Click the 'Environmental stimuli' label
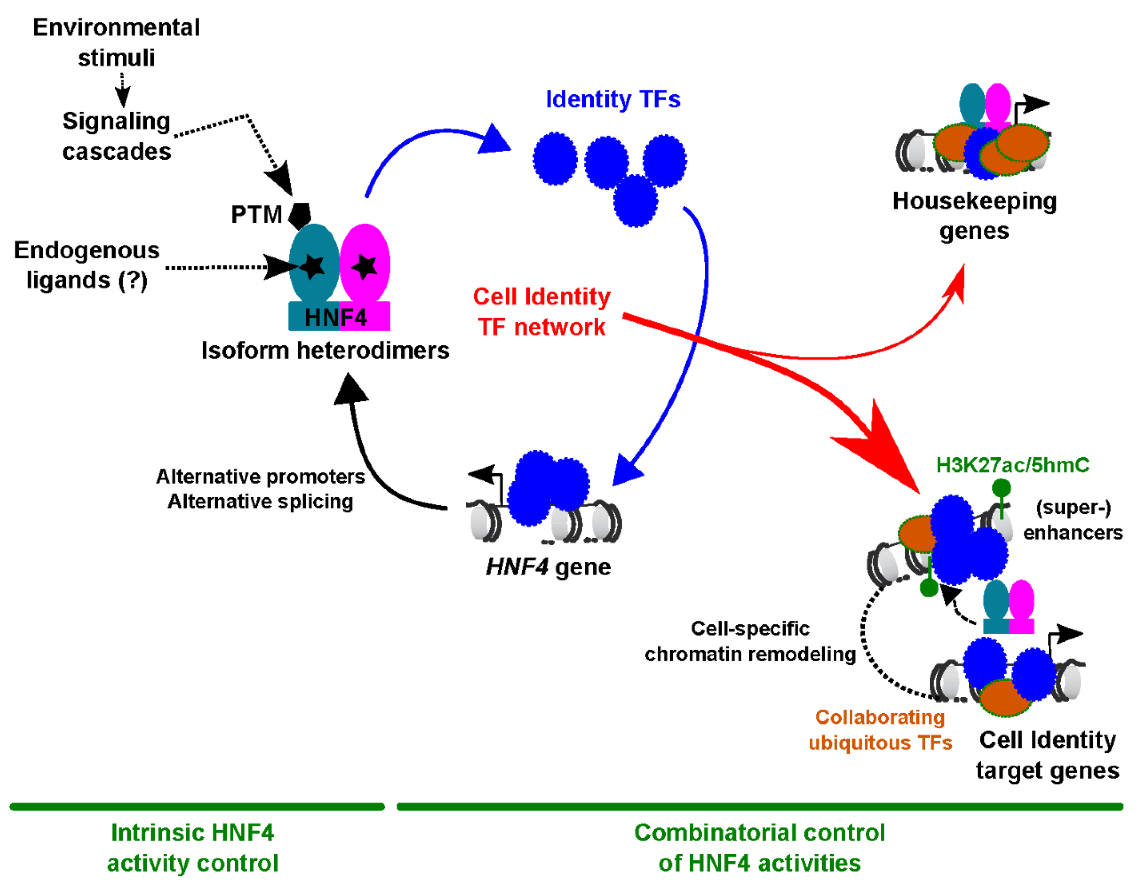click(116, 42)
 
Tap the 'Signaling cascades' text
click(116, 136)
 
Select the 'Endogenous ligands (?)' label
click(87, 265)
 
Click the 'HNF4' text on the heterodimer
click(335, 317)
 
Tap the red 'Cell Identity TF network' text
click(542, 312)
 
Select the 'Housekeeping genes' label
click(974, 216)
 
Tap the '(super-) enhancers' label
click(1073, 520)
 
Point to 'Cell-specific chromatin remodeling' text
click(750, 641)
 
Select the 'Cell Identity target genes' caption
click(1047, 755)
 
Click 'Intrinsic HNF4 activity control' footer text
click(192, 848)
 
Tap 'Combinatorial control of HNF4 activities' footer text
click(759, 848)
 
